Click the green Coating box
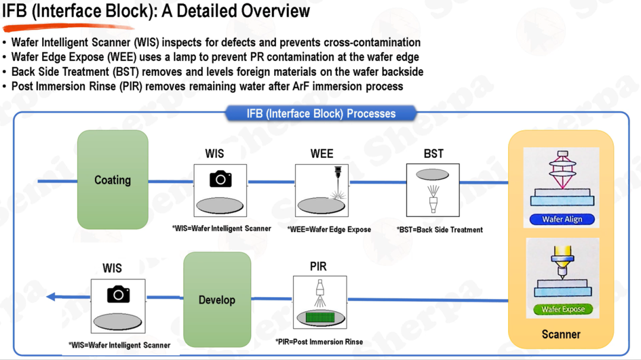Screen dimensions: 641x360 (113, 179)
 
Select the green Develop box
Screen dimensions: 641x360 (217, 300)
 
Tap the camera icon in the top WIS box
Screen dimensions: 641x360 (221, 179)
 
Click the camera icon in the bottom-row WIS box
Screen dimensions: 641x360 (119, 294)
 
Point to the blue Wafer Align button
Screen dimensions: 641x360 (562, 219)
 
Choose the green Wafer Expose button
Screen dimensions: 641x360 (563, 310)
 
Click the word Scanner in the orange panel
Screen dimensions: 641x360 (561, 334)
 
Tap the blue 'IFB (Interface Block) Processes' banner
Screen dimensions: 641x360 (321, 113)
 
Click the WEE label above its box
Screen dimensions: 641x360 (322, 154)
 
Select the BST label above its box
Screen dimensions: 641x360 (433, 154)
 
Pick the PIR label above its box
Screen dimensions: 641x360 (318, 266)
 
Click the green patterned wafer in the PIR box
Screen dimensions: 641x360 (320, 317)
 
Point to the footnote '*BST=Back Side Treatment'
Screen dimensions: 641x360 (439, 230)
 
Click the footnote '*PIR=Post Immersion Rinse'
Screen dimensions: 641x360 (319, 342)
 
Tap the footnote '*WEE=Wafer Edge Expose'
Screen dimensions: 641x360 (329, 230)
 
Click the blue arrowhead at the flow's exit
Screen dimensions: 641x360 (51, 297)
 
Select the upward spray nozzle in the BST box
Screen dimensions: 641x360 (433, 199)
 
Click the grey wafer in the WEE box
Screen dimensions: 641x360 (321, 206)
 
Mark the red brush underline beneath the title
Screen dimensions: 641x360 (68, 27)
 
